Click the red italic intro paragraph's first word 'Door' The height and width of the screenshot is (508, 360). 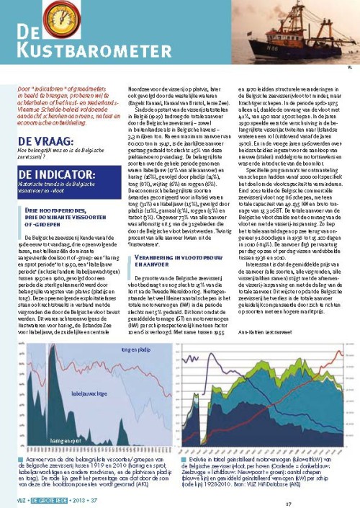tap(24, 88)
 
